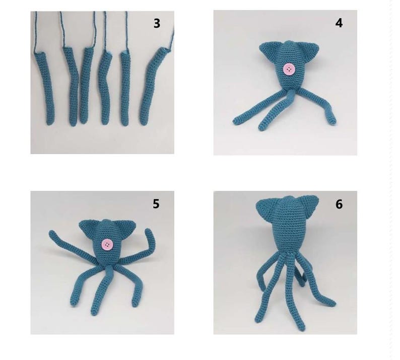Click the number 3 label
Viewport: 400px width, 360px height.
[157, 24]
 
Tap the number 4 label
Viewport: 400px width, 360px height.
[339, 23]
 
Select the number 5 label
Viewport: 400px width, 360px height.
[156, 204]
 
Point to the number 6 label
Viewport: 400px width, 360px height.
[339, 204]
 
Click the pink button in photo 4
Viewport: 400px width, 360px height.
[289, 69]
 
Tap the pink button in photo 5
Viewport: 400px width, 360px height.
[107, 245]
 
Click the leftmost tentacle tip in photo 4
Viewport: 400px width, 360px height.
[236, 121]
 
